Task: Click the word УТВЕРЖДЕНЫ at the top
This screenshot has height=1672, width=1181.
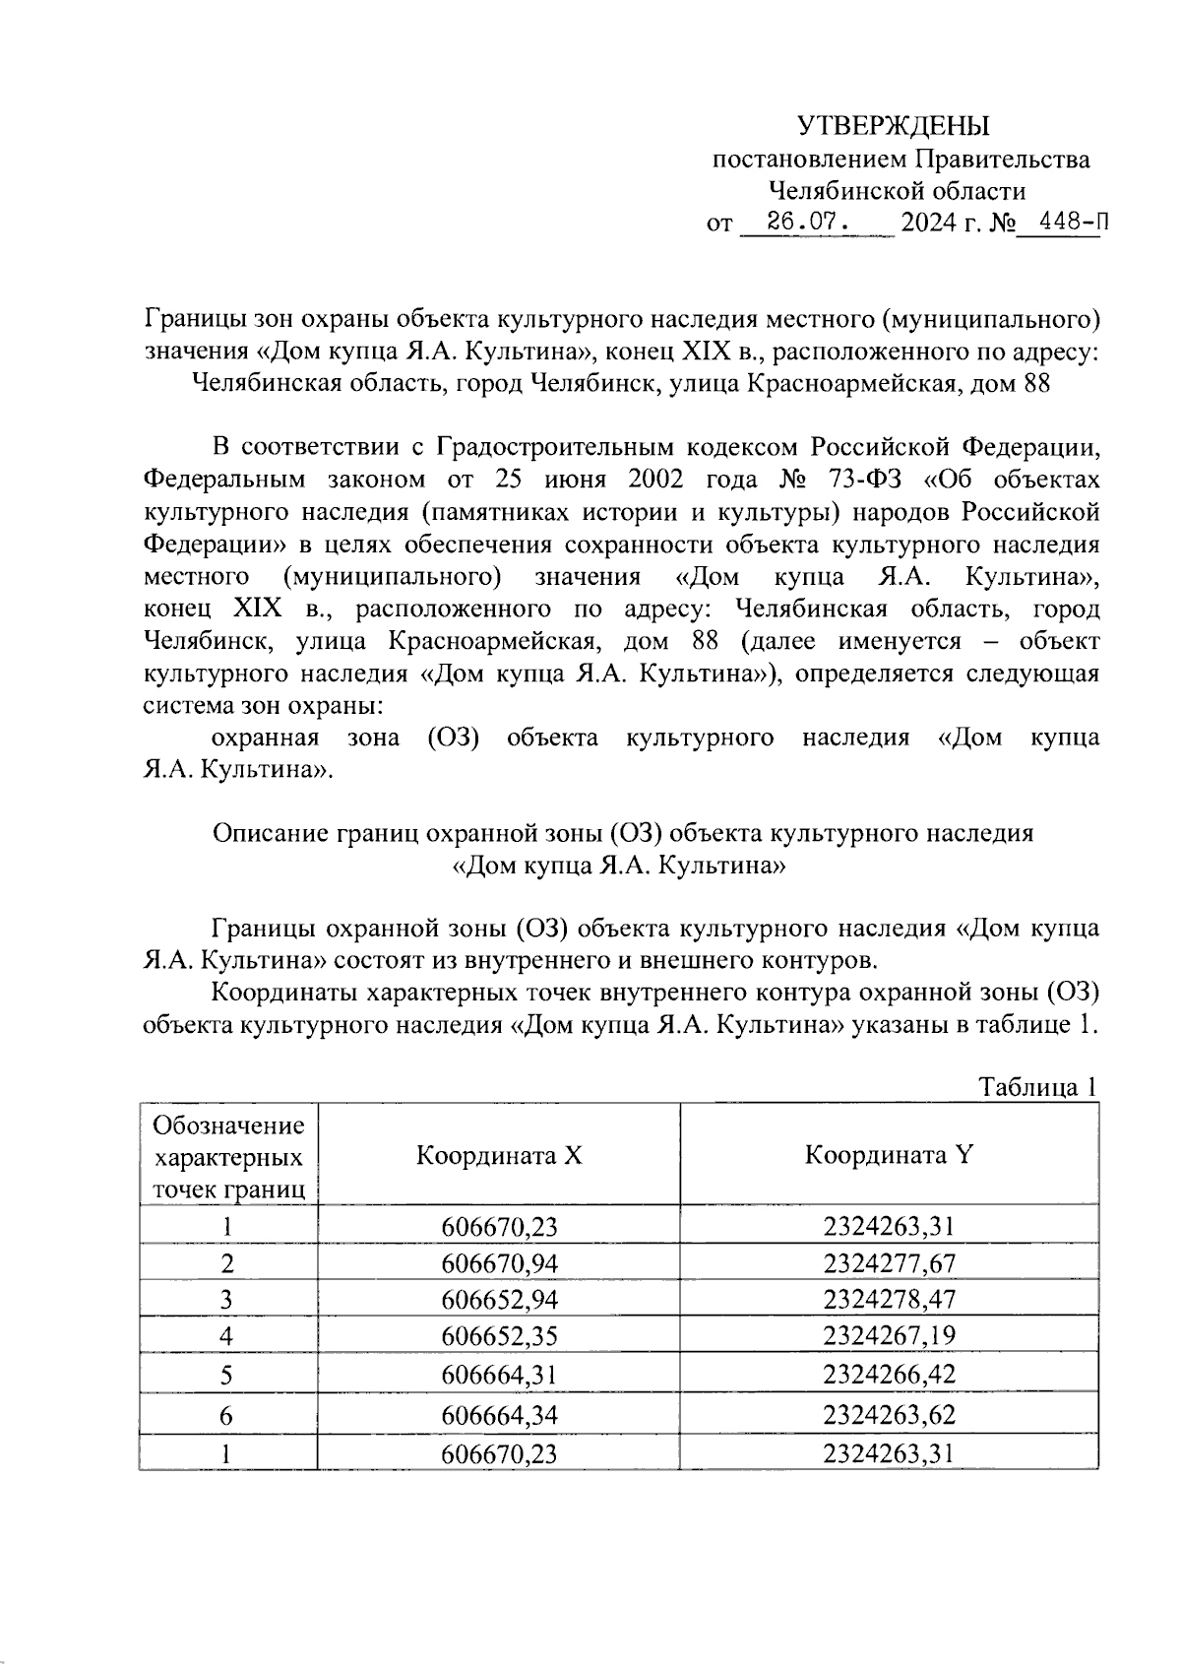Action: click(893, 126)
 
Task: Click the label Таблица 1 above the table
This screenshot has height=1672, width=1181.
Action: click(1037, 1087)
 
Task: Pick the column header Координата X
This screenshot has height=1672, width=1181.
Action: click(499, 1154)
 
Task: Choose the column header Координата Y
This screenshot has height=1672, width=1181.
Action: click(890, 1154)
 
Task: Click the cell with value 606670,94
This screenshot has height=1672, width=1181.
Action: click(499, 1263)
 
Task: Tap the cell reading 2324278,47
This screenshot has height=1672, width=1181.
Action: click(890, 1299)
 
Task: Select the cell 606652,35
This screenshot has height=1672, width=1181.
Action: click(499, 1336)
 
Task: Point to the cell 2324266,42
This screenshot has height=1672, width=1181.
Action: click(890, 1374)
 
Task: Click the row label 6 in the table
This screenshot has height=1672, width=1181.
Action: click(227, 1415)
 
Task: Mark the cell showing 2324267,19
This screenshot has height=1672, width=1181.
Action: click(890, 1336)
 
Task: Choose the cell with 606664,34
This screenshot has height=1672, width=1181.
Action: click(499, 1415)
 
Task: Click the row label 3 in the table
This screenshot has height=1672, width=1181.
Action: click(227, 1300)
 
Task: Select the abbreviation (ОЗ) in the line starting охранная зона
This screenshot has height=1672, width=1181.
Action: click(453, 738)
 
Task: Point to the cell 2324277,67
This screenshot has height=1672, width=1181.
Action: click(890, 1263)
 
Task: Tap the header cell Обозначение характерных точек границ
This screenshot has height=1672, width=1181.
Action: click(228, 1156)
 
